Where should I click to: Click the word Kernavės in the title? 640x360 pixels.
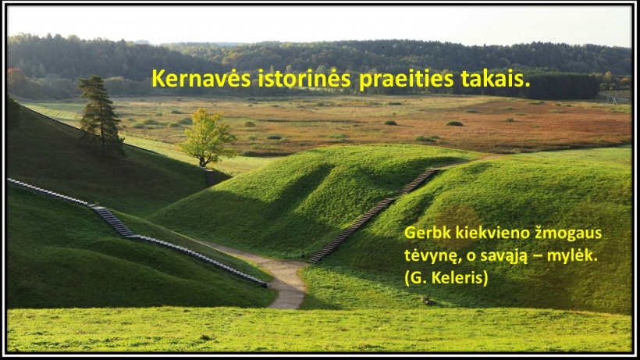coord(201,78)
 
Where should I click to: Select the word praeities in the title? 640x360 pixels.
coord(406,79)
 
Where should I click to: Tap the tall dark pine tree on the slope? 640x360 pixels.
coord(101,112)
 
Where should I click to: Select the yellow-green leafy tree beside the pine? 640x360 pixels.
coord(207,137)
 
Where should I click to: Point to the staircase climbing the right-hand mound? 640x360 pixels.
coord(373,213)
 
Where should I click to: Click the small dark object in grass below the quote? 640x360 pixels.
coord(428,301)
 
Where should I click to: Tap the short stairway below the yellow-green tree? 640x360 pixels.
coord(210,177)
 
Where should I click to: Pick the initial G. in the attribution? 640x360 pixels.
coord(418,278)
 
